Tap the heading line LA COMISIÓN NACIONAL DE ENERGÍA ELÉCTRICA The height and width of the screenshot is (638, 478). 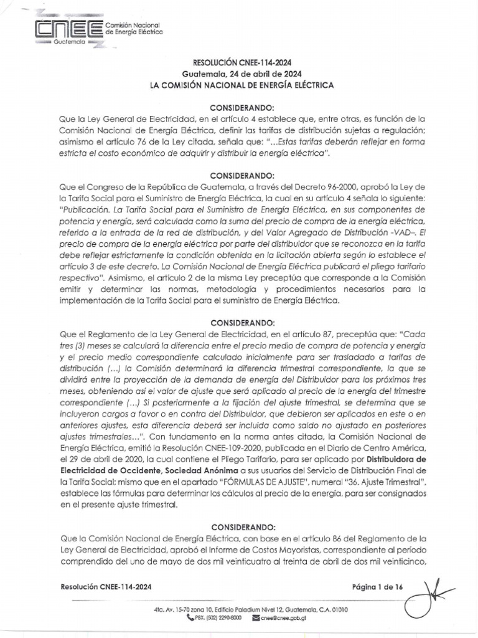click(x=241, y=83)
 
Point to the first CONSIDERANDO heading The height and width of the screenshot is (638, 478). click(x=241, y=107)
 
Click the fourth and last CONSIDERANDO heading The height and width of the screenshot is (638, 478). click(x=241, y=526)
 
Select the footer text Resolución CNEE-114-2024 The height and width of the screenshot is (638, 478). click(x=106, y=587)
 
